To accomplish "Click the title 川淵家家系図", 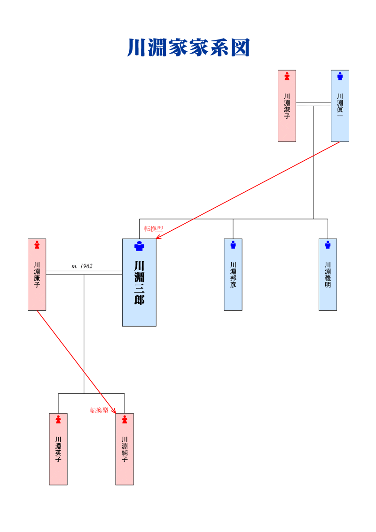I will click(x=188, y=48).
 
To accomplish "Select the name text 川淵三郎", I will click(x=139, y=283).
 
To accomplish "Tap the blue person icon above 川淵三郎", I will click(x=139, y=246).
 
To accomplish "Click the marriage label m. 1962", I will click(x=82, y=266).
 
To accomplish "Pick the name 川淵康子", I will click(x=37, y=275).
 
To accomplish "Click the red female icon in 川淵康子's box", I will click(x=37, y=245).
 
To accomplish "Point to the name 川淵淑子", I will click(x=287, y=106).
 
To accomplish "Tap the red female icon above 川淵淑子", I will click(x=287, y=76).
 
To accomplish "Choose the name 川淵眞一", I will click(x=340, y=106).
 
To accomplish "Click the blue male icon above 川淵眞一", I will click(x=340, y=76).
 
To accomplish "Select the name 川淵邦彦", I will click(x=233, y=275).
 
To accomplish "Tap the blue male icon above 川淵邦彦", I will click(x=233, y=245).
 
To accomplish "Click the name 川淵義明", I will click(x=328, y=275).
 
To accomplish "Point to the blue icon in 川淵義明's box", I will click(x=328, y=245).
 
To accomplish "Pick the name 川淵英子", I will click(x=58, y=449).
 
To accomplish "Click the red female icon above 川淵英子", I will click(x=58, y=419).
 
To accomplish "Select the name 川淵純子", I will click(x=125, y=449).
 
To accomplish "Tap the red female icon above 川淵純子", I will click(x=125, y=419).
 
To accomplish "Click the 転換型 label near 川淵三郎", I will click(x=154, y=229).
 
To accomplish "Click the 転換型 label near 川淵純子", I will click(x=99, y=410).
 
